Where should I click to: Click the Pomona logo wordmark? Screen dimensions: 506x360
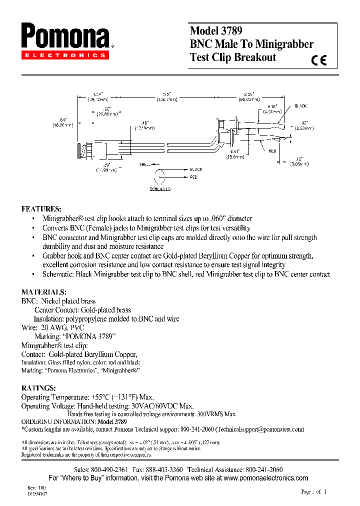65,36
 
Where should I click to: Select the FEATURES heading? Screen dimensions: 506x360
41,208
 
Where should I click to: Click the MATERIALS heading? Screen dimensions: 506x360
44,292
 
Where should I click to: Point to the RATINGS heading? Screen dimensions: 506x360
38,388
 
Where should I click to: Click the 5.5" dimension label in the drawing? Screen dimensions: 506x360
167,93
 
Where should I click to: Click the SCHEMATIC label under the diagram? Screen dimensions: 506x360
160,189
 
